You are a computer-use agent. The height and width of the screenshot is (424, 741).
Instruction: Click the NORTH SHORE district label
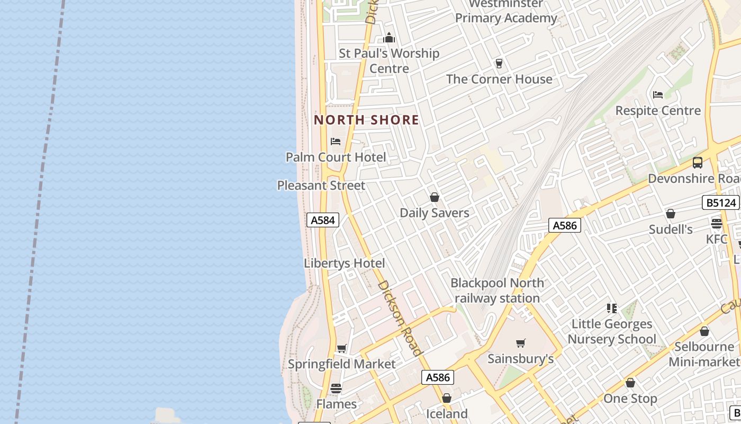tap(366, 120)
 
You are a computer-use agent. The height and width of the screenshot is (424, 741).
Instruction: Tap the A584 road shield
tap(322, 220)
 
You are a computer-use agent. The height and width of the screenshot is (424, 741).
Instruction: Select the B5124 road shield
tap(720, 202)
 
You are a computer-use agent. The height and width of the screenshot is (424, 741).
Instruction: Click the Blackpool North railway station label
tap(497, 290)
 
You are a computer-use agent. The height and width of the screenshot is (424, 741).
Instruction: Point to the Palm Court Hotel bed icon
tap(336, 142)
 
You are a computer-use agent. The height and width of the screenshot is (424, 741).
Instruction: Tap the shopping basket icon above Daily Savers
tap(435, 197)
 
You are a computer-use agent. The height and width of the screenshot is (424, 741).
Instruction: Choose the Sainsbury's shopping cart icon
tap(521, 343)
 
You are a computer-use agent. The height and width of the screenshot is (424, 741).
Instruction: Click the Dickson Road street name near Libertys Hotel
tap(401, 317)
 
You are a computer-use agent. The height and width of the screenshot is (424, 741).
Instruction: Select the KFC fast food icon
tap(717, 224)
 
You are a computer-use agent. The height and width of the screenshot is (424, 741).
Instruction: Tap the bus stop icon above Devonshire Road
tap(698, 163)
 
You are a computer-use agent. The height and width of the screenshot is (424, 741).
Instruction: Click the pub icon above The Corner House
tap(499, 64)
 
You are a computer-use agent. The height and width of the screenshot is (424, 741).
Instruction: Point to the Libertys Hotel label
tap(344, 263)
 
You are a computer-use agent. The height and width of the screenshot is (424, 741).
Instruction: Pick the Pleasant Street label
tap(321, 185)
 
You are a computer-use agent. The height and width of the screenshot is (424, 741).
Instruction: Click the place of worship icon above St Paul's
tap(389, 38)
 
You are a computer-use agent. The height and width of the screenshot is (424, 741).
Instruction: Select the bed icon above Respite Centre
tap(658, 95)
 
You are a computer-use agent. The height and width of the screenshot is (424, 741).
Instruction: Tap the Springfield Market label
tap(341, 364)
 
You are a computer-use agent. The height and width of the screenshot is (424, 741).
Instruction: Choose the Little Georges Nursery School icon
tap(612, 308)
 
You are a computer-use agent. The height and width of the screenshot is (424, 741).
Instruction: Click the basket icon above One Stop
tap(630, 383)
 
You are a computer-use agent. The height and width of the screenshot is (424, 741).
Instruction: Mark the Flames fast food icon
tap(336, 388)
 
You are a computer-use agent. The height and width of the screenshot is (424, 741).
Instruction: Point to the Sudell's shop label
tap(671, 229)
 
